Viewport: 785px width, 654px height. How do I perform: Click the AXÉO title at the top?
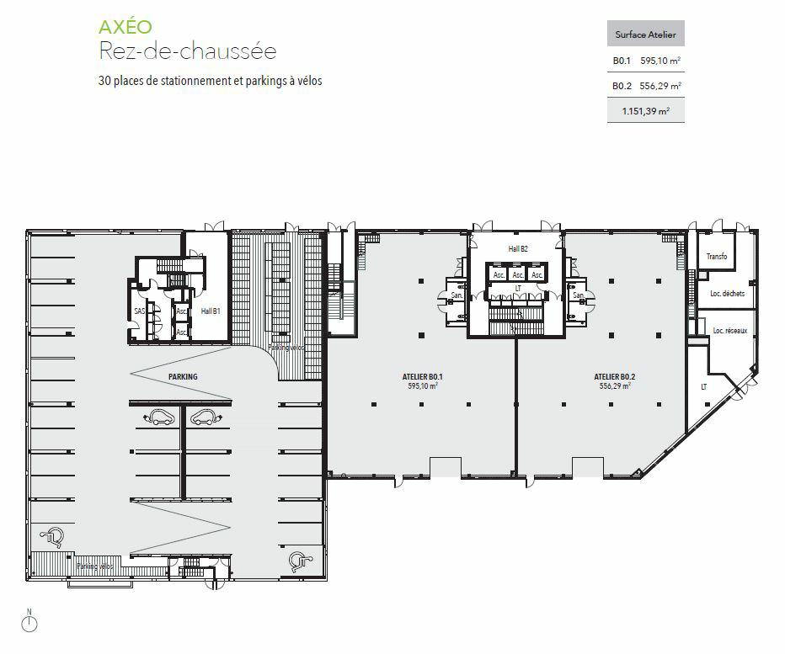click(x=126, y=25)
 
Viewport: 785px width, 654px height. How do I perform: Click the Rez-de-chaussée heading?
click(x=188, y=51)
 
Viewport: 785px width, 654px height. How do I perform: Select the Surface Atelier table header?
click(x=645, y=35)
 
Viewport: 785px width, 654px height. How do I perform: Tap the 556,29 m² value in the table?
click(x=660, y=86)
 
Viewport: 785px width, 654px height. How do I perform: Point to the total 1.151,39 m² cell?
click(x=645, y=110)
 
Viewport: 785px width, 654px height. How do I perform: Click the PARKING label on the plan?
click(x=183, y=376)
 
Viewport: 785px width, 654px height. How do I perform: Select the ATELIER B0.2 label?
click(x=614, y=376)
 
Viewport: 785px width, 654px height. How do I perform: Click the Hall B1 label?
click(x=210, y=311)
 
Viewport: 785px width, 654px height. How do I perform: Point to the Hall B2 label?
click(x=517, y=249)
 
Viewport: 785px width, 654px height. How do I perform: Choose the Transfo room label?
click(x=716, y=256)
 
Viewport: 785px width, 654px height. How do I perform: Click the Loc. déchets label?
click(x=727, y=294)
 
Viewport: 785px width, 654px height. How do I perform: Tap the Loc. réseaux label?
click(x=729, y=331)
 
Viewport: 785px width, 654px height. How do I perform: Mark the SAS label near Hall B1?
click(x=139, y=311)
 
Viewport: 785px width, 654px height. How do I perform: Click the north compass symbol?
click(x=30, y=622)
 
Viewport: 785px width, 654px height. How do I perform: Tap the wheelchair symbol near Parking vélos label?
click(x=56, y=534)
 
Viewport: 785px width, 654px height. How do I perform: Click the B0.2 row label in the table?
click(x=622, y=86)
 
